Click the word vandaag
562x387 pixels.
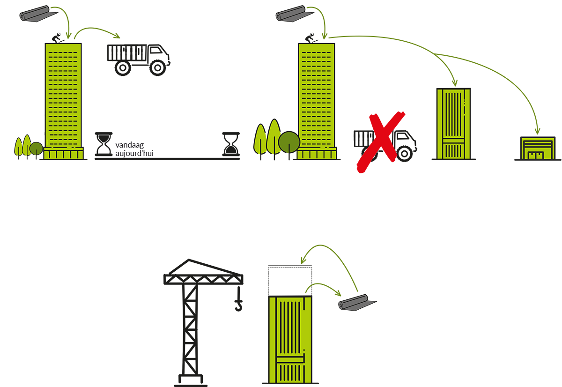click(x=129, y=145)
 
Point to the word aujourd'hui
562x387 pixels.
click(x=134, y=153)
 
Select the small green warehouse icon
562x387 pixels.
click(x=537, y=149)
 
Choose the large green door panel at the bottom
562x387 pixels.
click(x=290, y=339)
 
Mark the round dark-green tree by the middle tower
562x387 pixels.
click(x=289, y=142)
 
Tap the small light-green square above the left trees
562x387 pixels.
click(x=29, y=126)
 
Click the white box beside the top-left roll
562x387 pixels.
click(x=144, y=18)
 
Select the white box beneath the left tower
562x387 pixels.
click(x=78, y=193)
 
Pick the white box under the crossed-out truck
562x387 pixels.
click(x=328, y=197)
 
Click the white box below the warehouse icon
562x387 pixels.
click(x=497, y=190)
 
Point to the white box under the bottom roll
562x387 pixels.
click(x=370, y=327)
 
